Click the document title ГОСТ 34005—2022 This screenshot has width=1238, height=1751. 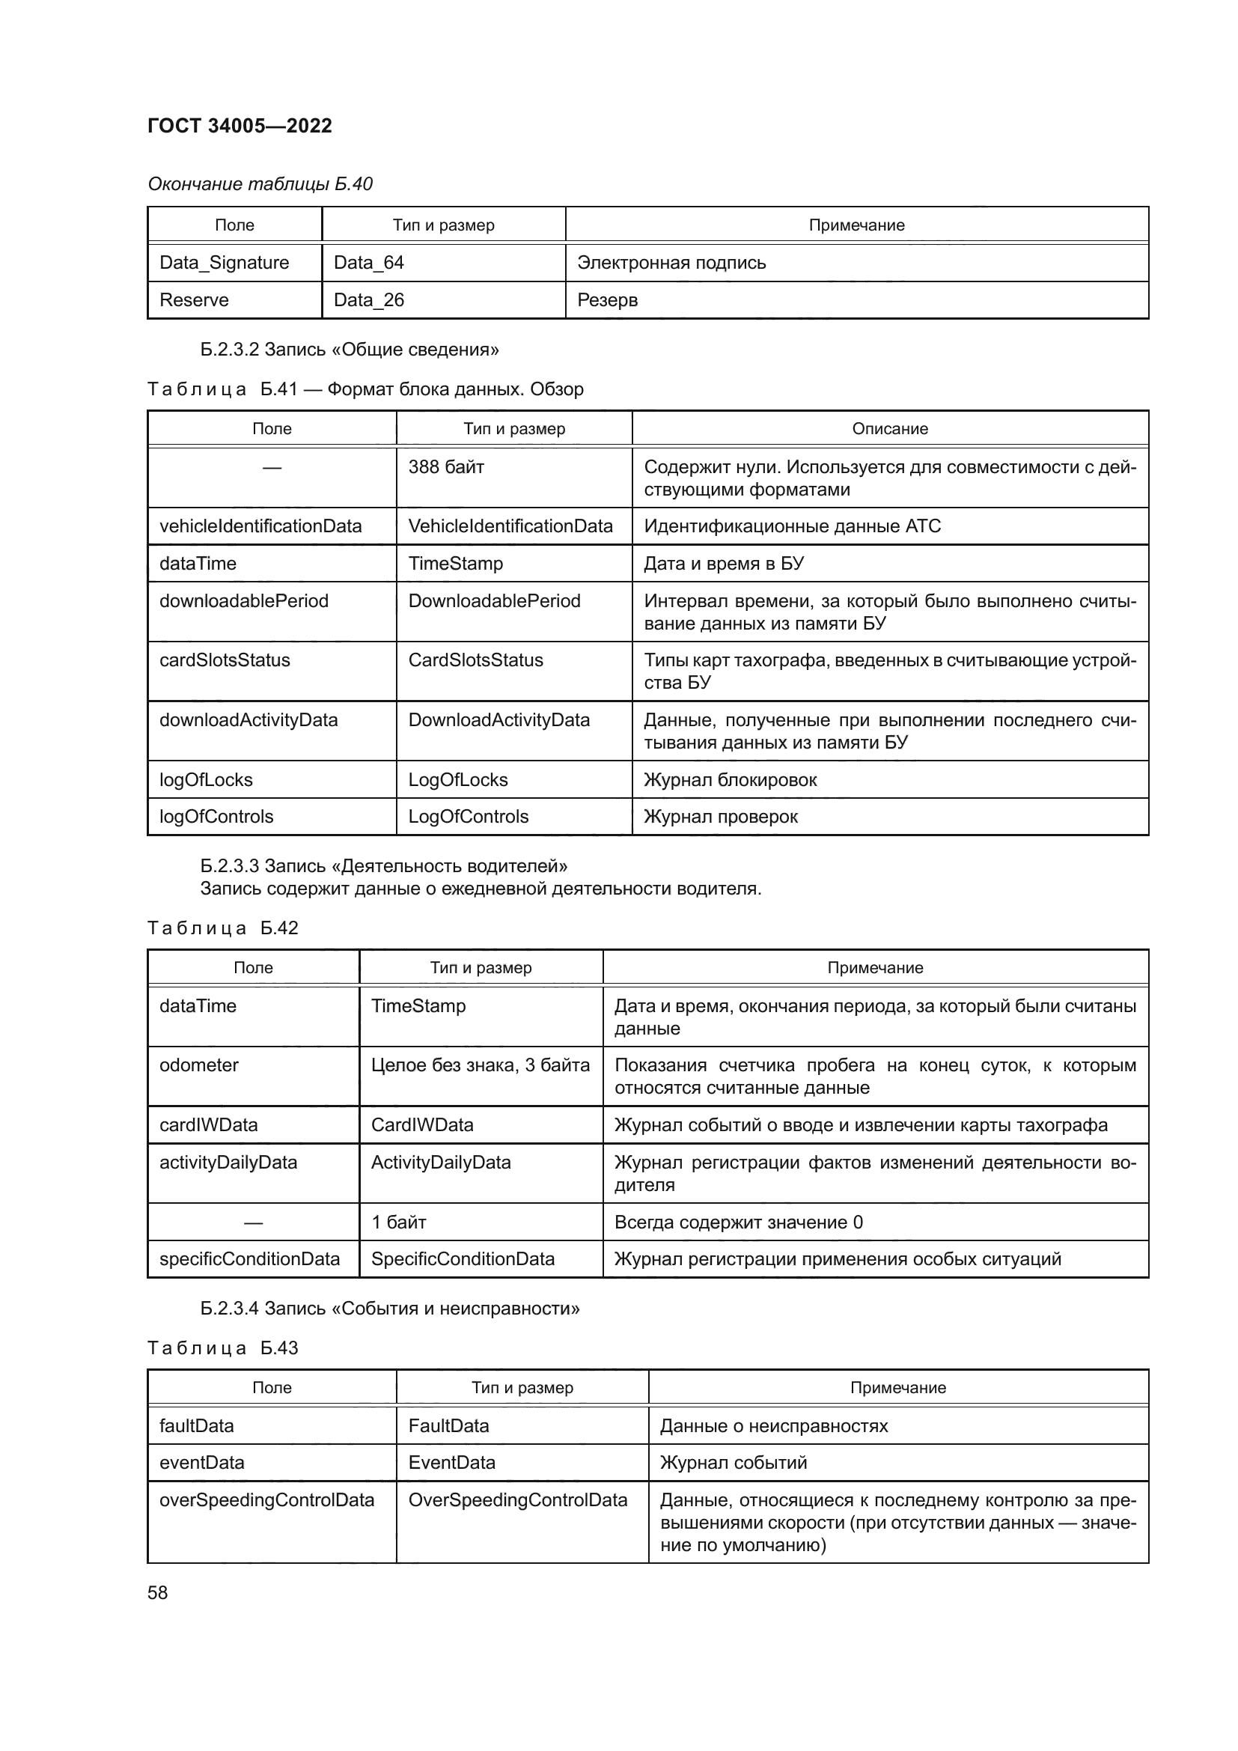click(x=240, y=126)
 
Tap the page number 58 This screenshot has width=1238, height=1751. click(x=158, y=1592)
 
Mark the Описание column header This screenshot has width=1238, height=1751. click(x=890, y=429)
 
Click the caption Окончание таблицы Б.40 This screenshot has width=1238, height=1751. click(x=260, y=184)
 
